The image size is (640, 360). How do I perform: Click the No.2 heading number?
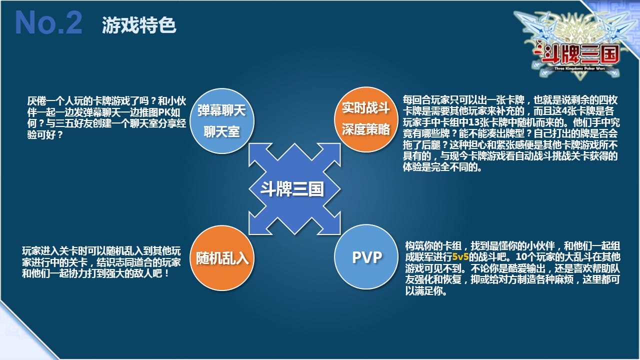48,22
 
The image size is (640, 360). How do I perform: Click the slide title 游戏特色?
139,25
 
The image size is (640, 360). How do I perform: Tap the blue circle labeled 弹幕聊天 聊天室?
222,121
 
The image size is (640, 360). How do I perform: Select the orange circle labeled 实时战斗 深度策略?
366,119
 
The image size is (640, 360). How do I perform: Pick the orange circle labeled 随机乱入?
222,258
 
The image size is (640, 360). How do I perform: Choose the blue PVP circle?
366,257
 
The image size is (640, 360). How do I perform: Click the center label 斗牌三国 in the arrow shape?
292,189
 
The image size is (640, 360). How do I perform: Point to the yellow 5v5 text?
460,257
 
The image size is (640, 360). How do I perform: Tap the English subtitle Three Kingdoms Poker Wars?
579,68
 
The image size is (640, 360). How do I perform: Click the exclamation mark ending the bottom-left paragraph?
167,273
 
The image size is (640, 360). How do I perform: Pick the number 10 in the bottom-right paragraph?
521,257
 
